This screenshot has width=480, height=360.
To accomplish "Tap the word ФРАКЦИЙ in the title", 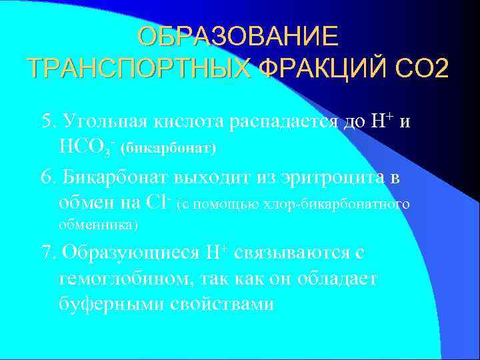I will tap(319, 67).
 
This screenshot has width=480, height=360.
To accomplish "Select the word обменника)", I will tap(98, 225).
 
